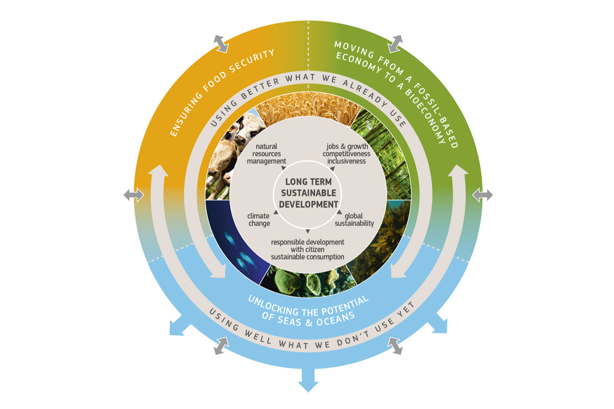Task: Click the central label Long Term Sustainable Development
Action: click(x=308, y=193)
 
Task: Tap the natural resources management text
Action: click(x=267, y=154)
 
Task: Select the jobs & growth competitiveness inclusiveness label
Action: click(x=347, y=154)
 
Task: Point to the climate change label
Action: click(x=259, y=220)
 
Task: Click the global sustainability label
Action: click(x=354, y=220)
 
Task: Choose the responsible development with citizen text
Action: click(x=307, y=246)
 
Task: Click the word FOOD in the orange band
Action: click(x=215, y=82)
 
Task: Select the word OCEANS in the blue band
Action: click(x=336, y=319)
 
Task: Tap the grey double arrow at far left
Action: click(x=134, y=195)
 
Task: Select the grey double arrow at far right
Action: click(x=482, y=195)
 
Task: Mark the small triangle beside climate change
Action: click(x=276, y=213)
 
